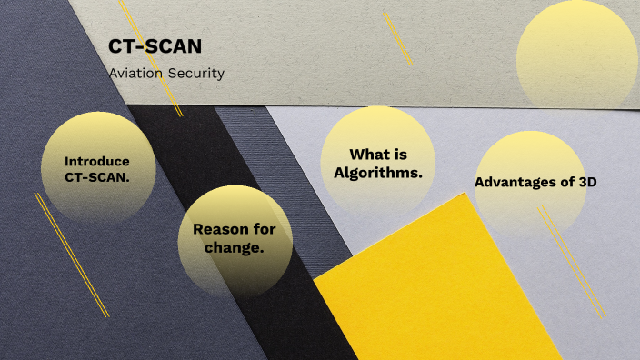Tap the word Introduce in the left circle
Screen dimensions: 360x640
(96, 161)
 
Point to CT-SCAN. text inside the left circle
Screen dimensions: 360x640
(97, 177)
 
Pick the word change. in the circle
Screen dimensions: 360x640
(235, 247)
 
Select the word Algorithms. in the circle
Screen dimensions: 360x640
(378, 172)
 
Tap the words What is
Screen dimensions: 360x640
(378, 155)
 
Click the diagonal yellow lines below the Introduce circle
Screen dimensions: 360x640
(72, 255)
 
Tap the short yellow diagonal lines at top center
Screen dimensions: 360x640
(397, 38)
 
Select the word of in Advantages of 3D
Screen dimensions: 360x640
(566, 182)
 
